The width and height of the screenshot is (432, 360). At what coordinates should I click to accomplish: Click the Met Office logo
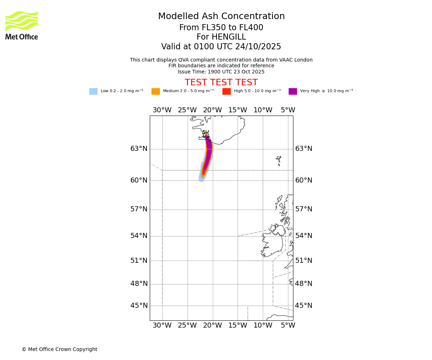pos(22,25)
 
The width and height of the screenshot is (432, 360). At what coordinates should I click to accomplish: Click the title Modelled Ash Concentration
pos(221,17)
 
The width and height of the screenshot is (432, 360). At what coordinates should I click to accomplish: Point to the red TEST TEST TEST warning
pos(221,82)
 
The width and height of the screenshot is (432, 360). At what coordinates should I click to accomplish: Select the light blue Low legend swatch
pos(93,91)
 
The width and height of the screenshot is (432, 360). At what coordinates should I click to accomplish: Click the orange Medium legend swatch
pos(156,91)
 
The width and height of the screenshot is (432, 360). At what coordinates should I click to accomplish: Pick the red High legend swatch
pos(226,91)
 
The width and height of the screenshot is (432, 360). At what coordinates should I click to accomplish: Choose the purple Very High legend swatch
pos(293,91)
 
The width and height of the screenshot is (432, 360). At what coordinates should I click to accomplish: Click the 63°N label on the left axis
pos(139,149)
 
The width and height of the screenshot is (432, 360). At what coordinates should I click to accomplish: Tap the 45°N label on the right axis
pos(303,306)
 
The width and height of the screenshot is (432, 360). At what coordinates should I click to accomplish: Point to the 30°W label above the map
pos(162,110)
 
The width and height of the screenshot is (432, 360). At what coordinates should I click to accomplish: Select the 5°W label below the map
pos(288,325)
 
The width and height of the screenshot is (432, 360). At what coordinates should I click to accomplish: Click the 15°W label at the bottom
pos(238,325)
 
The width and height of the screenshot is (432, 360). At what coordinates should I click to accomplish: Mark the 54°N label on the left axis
pos(139,236)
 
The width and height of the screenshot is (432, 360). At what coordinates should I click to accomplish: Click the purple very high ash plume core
pos(208,153)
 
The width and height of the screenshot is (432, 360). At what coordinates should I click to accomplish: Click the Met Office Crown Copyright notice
pos(59,349)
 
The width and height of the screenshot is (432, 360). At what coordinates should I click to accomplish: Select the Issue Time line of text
pos(221,72)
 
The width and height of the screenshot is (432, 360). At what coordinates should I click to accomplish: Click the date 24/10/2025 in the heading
pos(258,47)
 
